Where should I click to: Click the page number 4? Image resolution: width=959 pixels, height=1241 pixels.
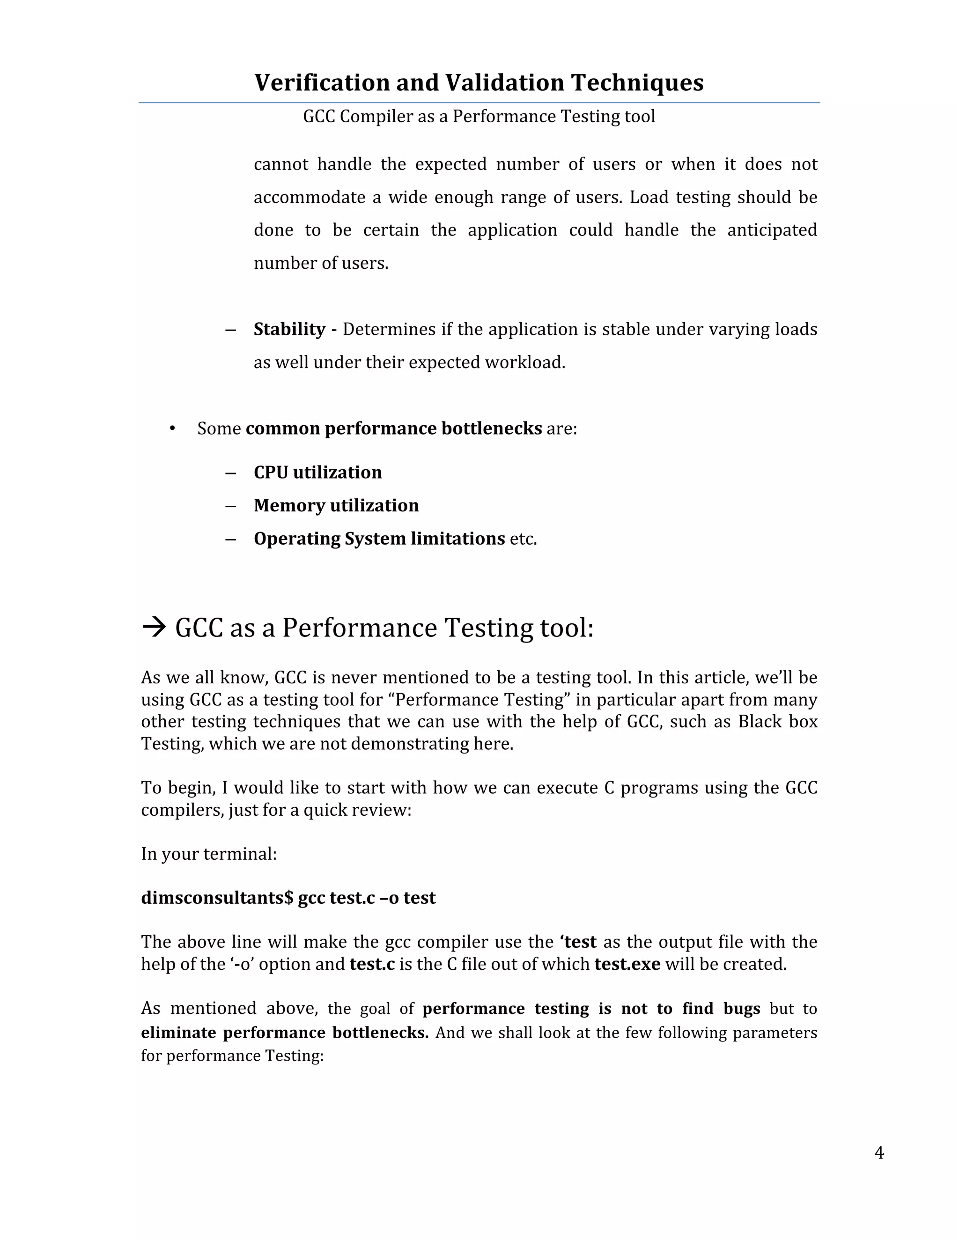pos(879,1153)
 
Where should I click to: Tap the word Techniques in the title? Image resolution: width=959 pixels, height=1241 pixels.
pos(637,83)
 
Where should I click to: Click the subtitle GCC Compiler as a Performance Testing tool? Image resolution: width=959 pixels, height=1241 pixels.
pos(479,117)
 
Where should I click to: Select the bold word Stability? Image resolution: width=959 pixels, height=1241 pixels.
pos(289,329)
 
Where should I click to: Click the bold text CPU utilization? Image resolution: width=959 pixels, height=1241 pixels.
pos(317,472)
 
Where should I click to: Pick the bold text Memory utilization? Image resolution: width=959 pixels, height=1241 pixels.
pos(336,505)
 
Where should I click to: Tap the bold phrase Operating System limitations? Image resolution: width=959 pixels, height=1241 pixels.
pos(379,538)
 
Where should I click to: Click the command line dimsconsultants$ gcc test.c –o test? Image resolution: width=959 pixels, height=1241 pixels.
pos(288,897)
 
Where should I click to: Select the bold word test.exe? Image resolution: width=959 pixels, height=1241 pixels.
pos(627,964)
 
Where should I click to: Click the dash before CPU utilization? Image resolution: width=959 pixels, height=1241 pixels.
pos(230,472)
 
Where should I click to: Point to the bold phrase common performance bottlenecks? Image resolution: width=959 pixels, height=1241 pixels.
pos(393,428)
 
